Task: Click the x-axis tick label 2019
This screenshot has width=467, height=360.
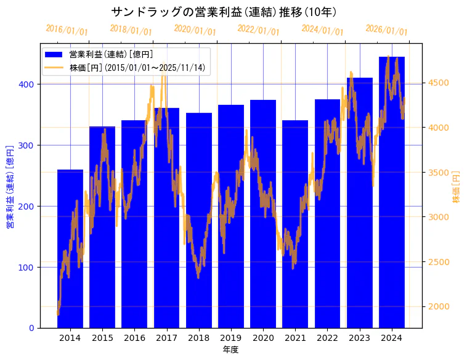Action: point(230,338)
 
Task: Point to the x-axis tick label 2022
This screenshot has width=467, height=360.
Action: point(327,338)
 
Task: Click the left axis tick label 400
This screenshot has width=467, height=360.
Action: point(28,84)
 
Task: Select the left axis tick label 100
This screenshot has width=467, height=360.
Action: point(28,268)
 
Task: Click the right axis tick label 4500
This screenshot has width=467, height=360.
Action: point(437,83)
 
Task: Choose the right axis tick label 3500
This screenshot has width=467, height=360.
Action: point(437,173)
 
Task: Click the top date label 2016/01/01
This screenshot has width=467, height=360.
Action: point(67,30)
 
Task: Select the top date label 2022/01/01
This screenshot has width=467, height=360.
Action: point(259,30)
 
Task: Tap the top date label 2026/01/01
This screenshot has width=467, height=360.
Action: point(387,30)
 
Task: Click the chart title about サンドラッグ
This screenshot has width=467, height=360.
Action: point(224,12)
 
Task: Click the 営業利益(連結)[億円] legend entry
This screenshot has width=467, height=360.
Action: point(111,55)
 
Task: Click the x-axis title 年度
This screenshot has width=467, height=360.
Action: point(230,350)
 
